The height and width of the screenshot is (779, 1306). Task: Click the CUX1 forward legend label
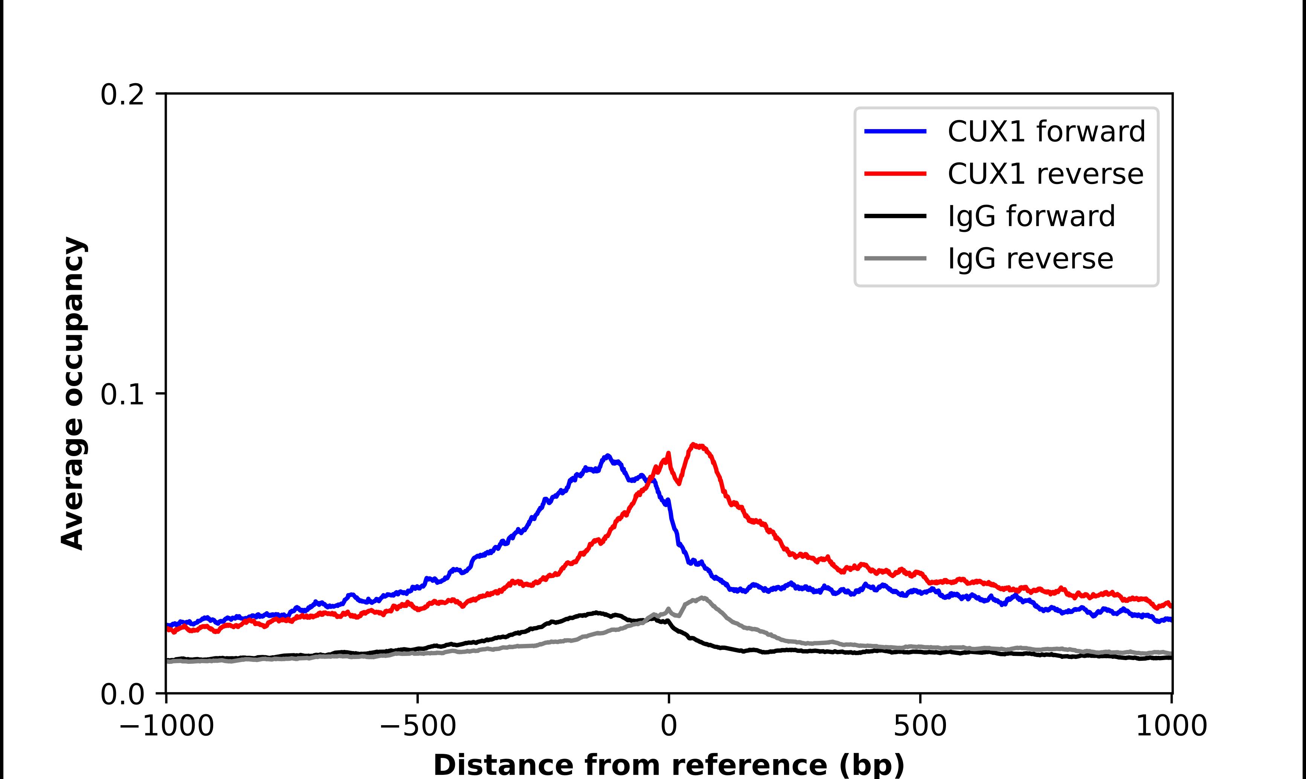(1046, 131)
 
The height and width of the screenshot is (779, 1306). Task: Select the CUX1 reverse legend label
(1045, 174)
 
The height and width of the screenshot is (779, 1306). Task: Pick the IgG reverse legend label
(1030, 259)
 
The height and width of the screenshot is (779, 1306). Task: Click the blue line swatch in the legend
(896, 131)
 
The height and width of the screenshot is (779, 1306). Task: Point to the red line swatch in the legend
(896, 174)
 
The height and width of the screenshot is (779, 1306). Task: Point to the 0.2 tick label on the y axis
(122, 95)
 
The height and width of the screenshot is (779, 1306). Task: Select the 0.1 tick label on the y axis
(122, 395)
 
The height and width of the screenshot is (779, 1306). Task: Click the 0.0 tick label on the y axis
(122, 694)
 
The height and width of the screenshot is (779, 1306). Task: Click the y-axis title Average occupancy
(72, 393)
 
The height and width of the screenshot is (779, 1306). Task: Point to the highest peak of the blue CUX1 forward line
(607, 456)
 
